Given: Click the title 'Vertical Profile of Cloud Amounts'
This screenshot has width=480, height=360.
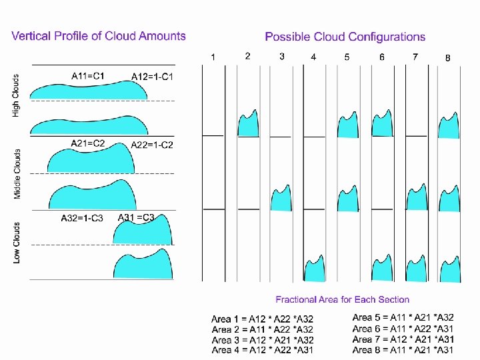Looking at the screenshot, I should pyautogui.click(x=99, y=36).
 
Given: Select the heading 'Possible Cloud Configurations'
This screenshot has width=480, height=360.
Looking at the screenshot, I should pyautogui.click(x=345, y=37).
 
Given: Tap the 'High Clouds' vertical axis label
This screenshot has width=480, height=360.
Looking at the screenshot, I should pyautogui.click(x=17, y=95).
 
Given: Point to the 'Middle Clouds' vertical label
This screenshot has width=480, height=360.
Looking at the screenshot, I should pyautogui.click(x=17, y=173).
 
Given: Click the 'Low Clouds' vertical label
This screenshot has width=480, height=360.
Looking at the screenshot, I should pyautogui.click(x=17, y=242).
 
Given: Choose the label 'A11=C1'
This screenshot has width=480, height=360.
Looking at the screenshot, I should pyautogui.click(x=88, y=76).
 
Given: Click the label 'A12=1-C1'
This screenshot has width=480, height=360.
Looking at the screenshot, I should pyautogui.click(x=153, y=77).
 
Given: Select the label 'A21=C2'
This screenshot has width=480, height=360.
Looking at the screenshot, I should pyautogui.click(x=88, y=143).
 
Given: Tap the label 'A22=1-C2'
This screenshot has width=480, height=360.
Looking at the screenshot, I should pyautogui.click(x=151, y=145).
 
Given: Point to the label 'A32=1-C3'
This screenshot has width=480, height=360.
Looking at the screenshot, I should pyautogui.click(x=82, y=219).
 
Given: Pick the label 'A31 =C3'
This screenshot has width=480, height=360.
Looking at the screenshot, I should pyautogui.click(x=136, y=217).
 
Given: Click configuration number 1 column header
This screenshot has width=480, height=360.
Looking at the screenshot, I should pyautogui.click(x=213, y=57).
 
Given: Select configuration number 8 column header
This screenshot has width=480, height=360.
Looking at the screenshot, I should pyautogui.click(x=447, y=58).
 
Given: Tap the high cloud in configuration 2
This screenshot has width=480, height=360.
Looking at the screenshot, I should pyautogui.click(x=248, y=123).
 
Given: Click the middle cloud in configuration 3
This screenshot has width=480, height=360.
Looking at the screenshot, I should pyautogui.click(x=282, y=198).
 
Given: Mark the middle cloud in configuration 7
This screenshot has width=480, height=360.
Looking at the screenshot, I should pyautogui.click(x=417, y=198).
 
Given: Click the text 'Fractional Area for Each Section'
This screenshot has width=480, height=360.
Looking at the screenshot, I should pyautogui.click(x=343, y=300).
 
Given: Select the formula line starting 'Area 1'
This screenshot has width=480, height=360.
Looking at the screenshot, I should pyautogui.click(x=262, y=319).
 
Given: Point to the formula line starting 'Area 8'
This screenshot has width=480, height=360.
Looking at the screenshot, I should pyautogui.click(x=403, y=349).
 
